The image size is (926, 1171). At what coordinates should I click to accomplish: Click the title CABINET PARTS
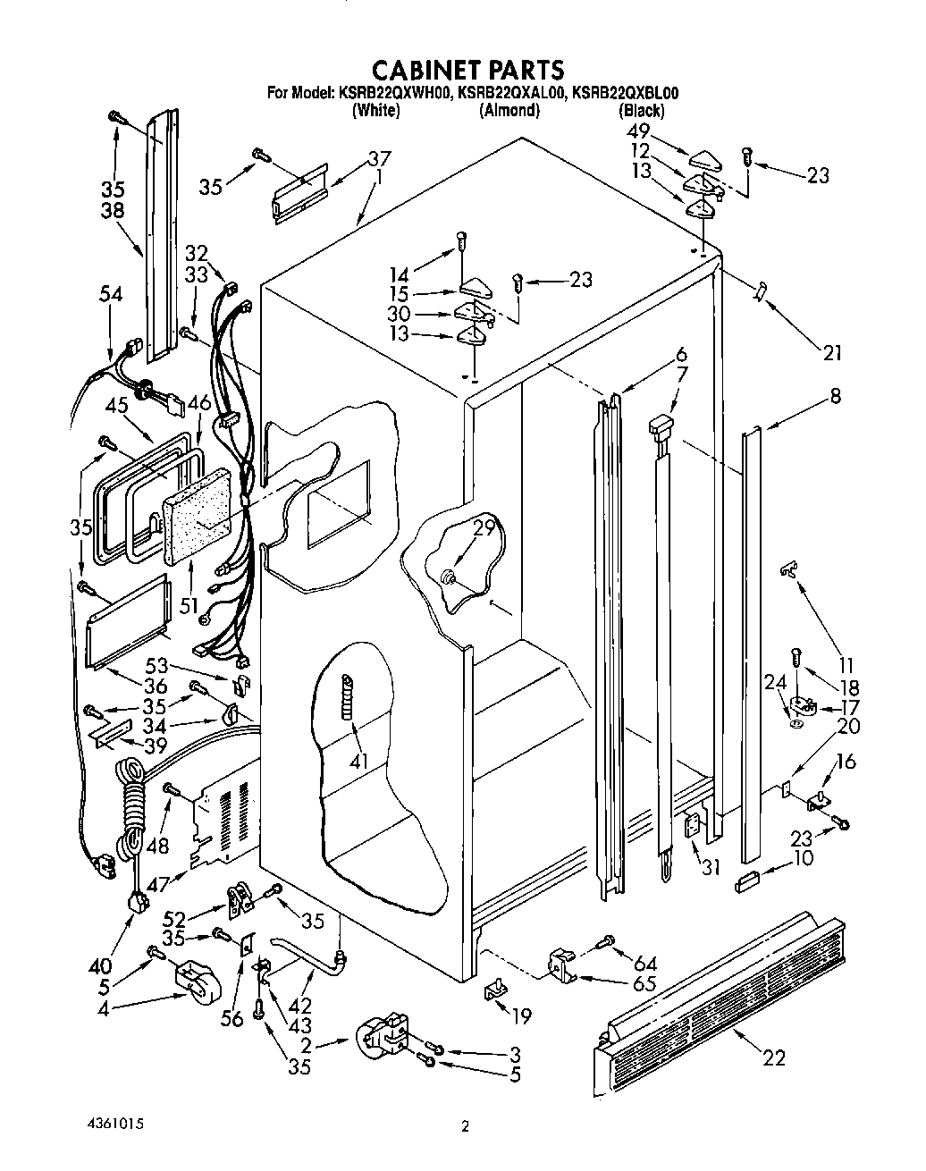point(467,69)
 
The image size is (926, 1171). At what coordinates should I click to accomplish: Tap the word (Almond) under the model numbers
point(509,111)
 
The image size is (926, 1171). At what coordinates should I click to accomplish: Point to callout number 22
point(774,1058)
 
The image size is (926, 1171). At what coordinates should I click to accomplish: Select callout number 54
point(111,296)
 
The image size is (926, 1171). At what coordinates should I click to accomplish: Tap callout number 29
point(484,528)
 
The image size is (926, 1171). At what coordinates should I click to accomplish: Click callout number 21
point(832,353)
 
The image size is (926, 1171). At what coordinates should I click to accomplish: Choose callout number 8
point(835,395)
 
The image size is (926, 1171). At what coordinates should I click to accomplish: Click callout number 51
point(188,605)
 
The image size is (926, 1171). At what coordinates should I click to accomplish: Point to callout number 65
point(644,984)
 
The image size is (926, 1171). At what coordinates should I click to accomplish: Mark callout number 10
point(804,858)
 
